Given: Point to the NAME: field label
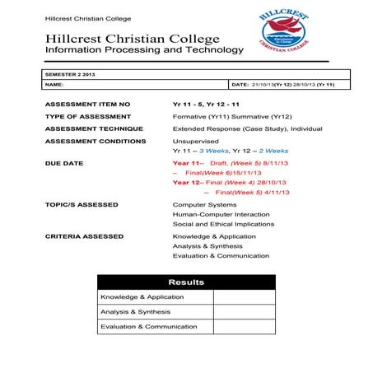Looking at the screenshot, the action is pos(54,84).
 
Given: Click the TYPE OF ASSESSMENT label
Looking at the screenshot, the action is pos(88,117).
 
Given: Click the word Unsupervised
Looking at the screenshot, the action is pos(195,141).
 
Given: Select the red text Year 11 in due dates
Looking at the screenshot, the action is pos(186,164).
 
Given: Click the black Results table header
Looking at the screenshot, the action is pos(185,282).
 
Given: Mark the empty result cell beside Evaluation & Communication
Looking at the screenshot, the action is pos(243,327).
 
